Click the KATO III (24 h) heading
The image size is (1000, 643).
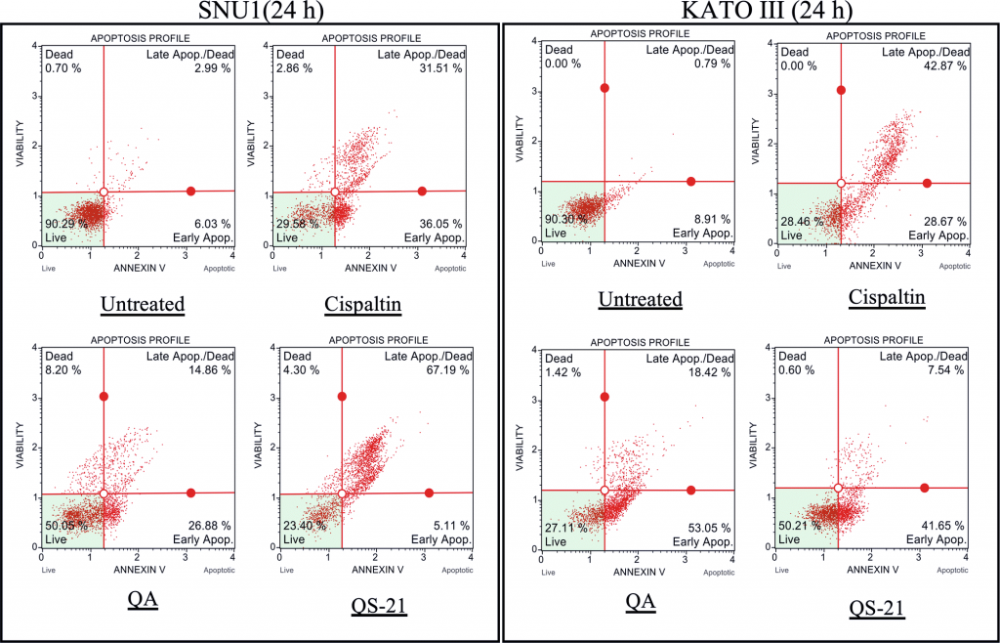coord(748,12)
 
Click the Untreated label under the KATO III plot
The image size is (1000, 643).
coord(641,298)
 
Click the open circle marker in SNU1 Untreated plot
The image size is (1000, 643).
coord(104,192)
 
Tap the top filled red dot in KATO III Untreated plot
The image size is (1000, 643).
coord(604,88)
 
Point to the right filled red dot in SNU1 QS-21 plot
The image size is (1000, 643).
coord(429,493)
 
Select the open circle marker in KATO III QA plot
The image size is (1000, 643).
coord(604,491)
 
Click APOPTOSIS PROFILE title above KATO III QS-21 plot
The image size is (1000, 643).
coord(873,337)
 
